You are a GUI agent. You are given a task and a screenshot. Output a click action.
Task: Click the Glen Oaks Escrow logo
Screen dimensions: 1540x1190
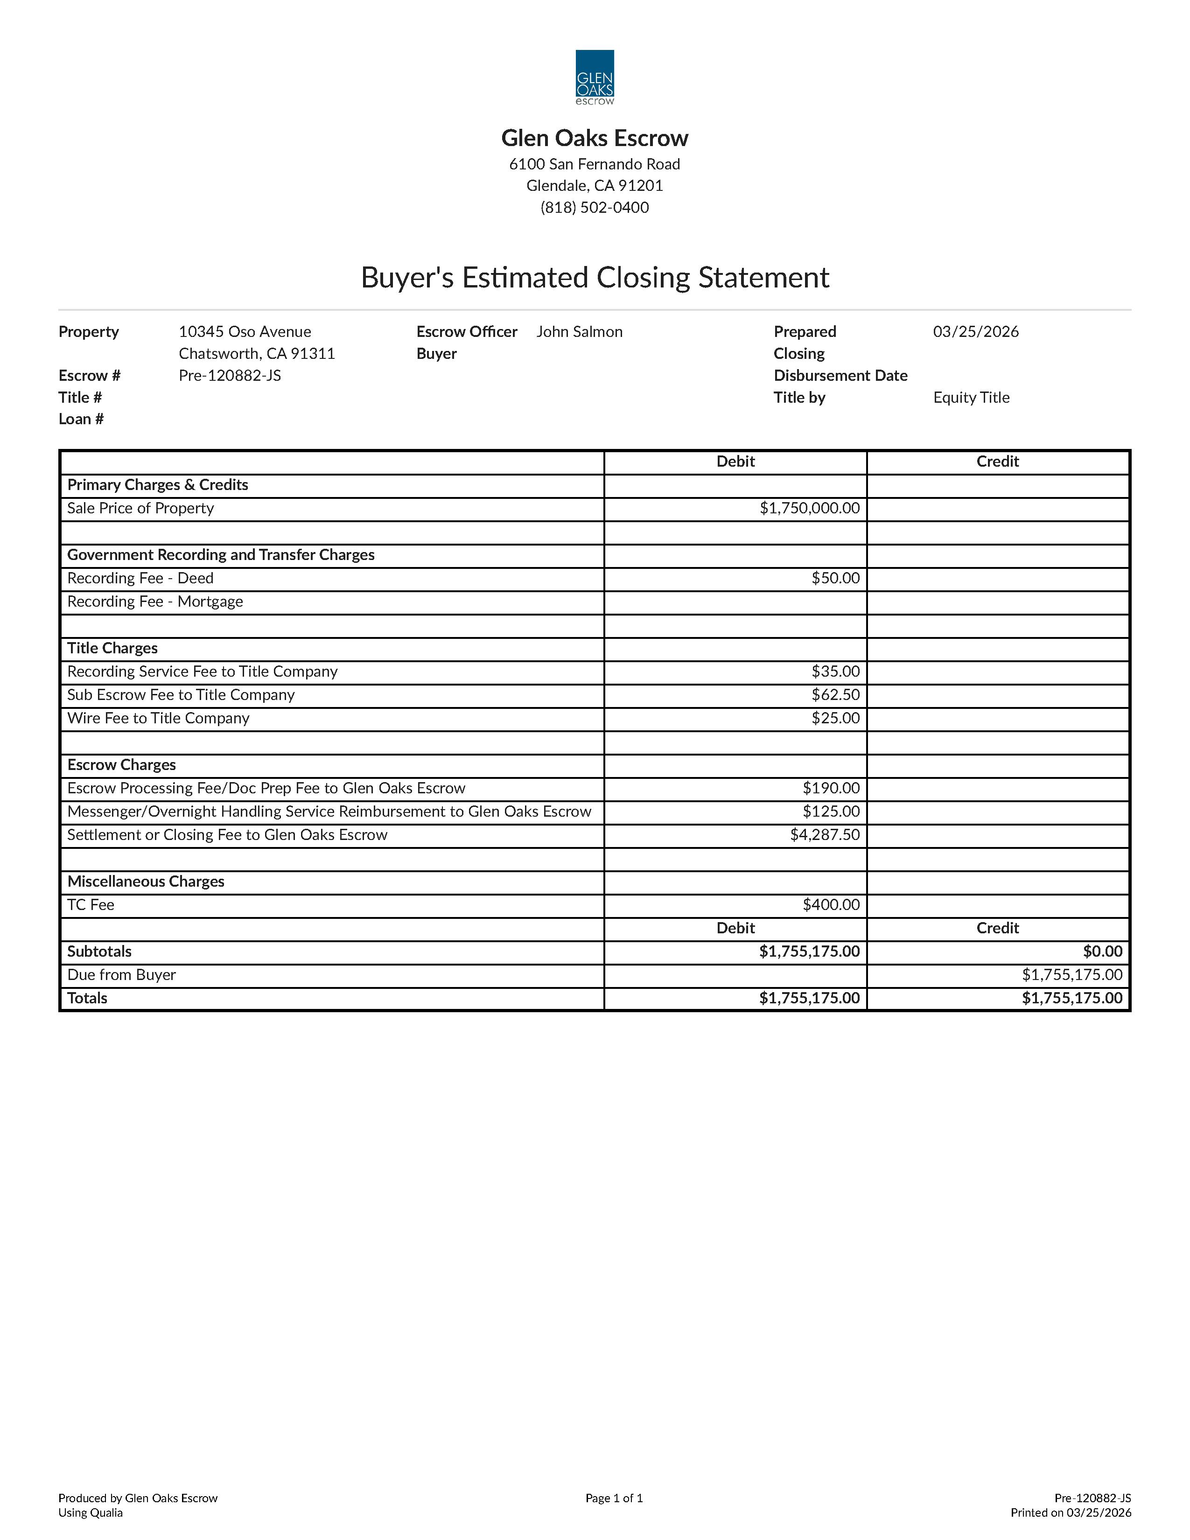594,77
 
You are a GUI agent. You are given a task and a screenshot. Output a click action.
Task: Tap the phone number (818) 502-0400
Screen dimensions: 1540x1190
594,207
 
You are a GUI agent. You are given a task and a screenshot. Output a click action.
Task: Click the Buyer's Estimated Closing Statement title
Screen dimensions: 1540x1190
594,277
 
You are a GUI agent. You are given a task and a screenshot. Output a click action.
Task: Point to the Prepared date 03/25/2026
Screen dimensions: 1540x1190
976,331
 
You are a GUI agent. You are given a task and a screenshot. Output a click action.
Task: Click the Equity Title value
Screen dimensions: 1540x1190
971,397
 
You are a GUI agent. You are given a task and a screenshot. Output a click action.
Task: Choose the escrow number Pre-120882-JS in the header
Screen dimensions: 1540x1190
230,375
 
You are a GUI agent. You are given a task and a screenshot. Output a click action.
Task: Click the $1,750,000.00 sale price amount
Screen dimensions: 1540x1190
809,508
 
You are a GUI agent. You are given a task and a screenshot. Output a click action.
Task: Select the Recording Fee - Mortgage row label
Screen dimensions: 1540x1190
155,602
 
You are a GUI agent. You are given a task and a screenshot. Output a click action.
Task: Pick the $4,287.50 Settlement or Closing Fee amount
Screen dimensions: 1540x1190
824,835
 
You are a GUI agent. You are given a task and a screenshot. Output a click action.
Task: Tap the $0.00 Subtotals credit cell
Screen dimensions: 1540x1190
1103,951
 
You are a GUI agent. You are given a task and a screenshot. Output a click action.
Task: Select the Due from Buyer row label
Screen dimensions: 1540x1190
121,974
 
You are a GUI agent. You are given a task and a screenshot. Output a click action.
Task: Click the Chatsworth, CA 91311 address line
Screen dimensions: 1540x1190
257,353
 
